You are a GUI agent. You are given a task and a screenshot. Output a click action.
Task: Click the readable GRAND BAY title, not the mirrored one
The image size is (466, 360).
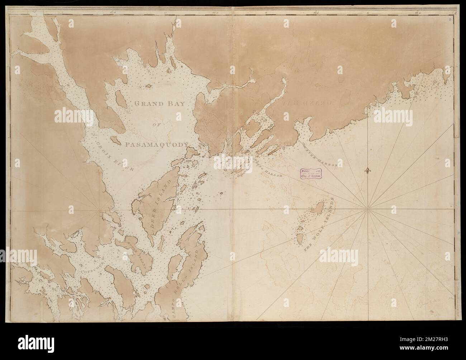click(159, 104)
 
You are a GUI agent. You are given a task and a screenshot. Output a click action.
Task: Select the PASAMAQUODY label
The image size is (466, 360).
click(157, 144)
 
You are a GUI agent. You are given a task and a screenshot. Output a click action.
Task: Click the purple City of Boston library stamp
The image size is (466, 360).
click(311, 173)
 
